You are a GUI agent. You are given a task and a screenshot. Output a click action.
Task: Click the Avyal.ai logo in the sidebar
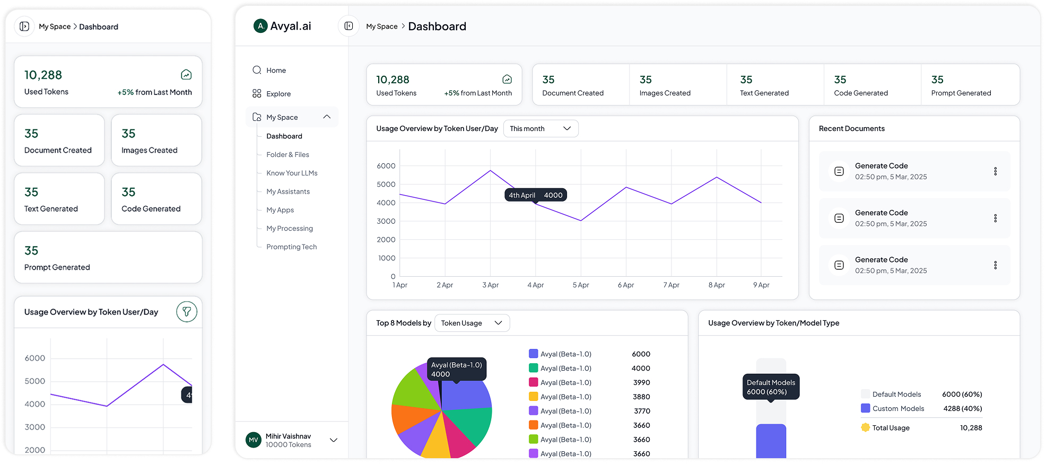(x=282, y=26)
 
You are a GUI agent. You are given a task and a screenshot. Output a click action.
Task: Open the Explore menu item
(x=278, y=94)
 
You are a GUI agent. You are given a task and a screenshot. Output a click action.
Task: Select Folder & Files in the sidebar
(x=287, y=155)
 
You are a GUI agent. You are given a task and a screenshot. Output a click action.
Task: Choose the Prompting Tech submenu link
(x=291, y=247)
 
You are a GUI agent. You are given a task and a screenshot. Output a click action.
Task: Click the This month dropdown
(x=540, y=129)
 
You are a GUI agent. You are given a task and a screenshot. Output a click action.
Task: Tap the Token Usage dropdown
(x=472, y=323)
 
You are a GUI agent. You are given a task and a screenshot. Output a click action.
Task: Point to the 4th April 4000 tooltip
(x=535, y=195)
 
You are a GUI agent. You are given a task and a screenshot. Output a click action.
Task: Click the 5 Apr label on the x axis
(x=580, y=285)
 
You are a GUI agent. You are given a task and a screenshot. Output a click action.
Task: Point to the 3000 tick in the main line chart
(x=386, y=221)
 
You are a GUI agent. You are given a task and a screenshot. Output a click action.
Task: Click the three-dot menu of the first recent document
(x=995, y=171)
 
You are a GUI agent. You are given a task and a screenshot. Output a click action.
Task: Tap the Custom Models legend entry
(x=897, y=409)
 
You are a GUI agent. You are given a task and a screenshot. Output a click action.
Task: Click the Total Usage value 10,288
(x=971, y=428)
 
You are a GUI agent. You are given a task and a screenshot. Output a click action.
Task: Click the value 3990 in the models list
(x=641, y=383)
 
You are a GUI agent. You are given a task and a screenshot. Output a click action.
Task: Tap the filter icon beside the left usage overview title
(x=187, y=312)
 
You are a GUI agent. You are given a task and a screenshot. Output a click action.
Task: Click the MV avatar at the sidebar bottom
(x=254, y=440)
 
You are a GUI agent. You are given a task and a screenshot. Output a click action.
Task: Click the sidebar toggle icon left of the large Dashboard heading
(x=348, y=26)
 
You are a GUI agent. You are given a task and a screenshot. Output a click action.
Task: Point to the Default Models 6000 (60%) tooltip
(x=771, y=387)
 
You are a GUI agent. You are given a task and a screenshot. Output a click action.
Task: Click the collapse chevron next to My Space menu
(x=327, y=117)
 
